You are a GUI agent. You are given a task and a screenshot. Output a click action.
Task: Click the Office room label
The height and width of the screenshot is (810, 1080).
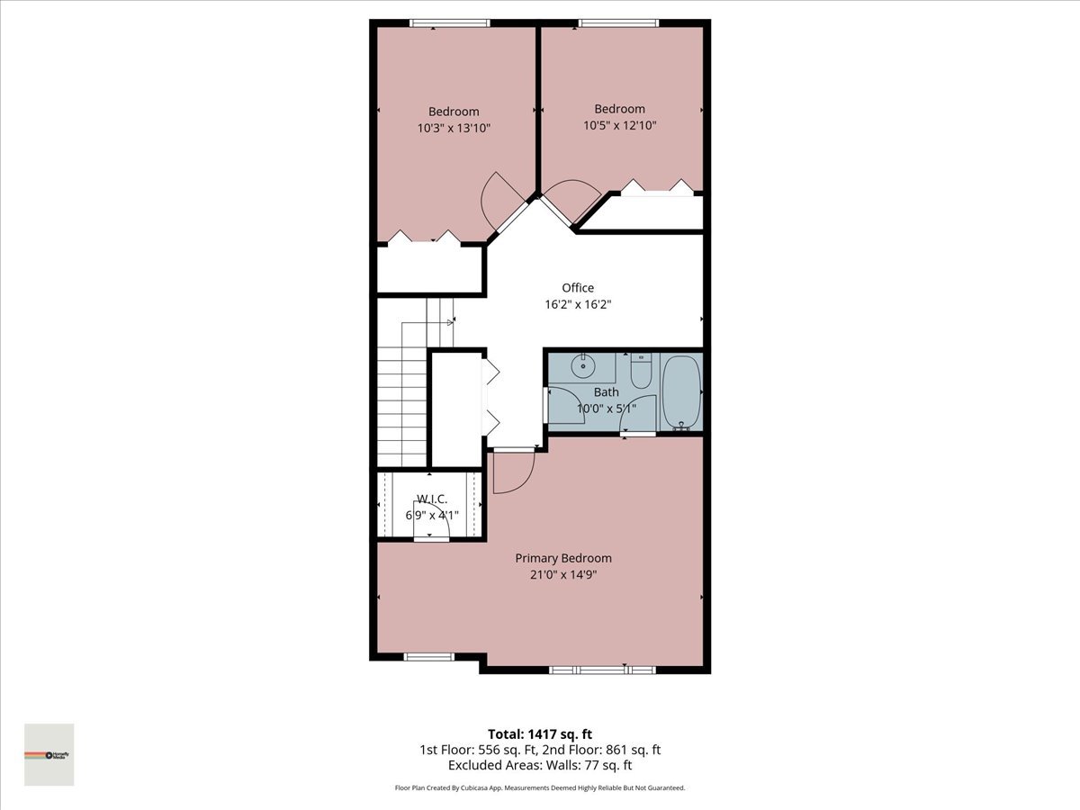coord(578,288)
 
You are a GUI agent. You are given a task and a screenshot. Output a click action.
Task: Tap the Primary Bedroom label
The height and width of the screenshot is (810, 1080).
coord(563,558)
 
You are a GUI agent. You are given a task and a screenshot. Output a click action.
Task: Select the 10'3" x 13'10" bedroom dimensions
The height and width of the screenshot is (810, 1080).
coord(454,128)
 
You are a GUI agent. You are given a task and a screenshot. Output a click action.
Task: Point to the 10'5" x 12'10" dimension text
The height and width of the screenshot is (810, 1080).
coord(619,125)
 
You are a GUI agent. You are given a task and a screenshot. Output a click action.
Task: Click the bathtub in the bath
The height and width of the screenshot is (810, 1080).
coord(681,393)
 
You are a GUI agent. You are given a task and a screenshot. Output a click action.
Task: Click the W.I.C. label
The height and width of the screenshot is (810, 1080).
coord(431,499)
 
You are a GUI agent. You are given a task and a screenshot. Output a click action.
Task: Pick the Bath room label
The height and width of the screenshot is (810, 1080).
coord(606,392)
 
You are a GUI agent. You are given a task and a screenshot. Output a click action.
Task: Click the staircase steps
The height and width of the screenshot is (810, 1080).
coord(401,405)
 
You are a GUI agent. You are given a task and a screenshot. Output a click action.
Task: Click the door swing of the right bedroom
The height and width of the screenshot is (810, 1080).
coord(571,199)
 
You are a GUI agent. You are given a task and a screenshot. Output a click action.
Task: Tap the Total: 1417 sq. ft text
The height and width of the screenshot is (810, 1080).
coord(539,733)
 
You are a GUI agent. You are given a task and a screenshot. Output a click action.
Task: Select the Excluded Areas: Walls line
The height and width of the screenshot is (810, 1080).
coord(540,765)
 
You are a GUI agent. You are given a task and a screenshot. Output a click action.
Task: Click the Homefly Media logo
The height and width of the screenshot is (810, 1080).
coord(49,754)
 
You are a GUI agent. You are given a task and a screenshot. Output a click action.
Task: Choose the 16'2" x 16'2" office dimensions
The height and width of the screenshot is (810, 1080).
coord(578,304)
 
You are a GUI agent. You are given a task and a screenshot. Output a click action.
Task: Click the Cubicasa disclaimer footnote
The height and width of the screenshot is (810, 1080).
coord(540,787)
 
